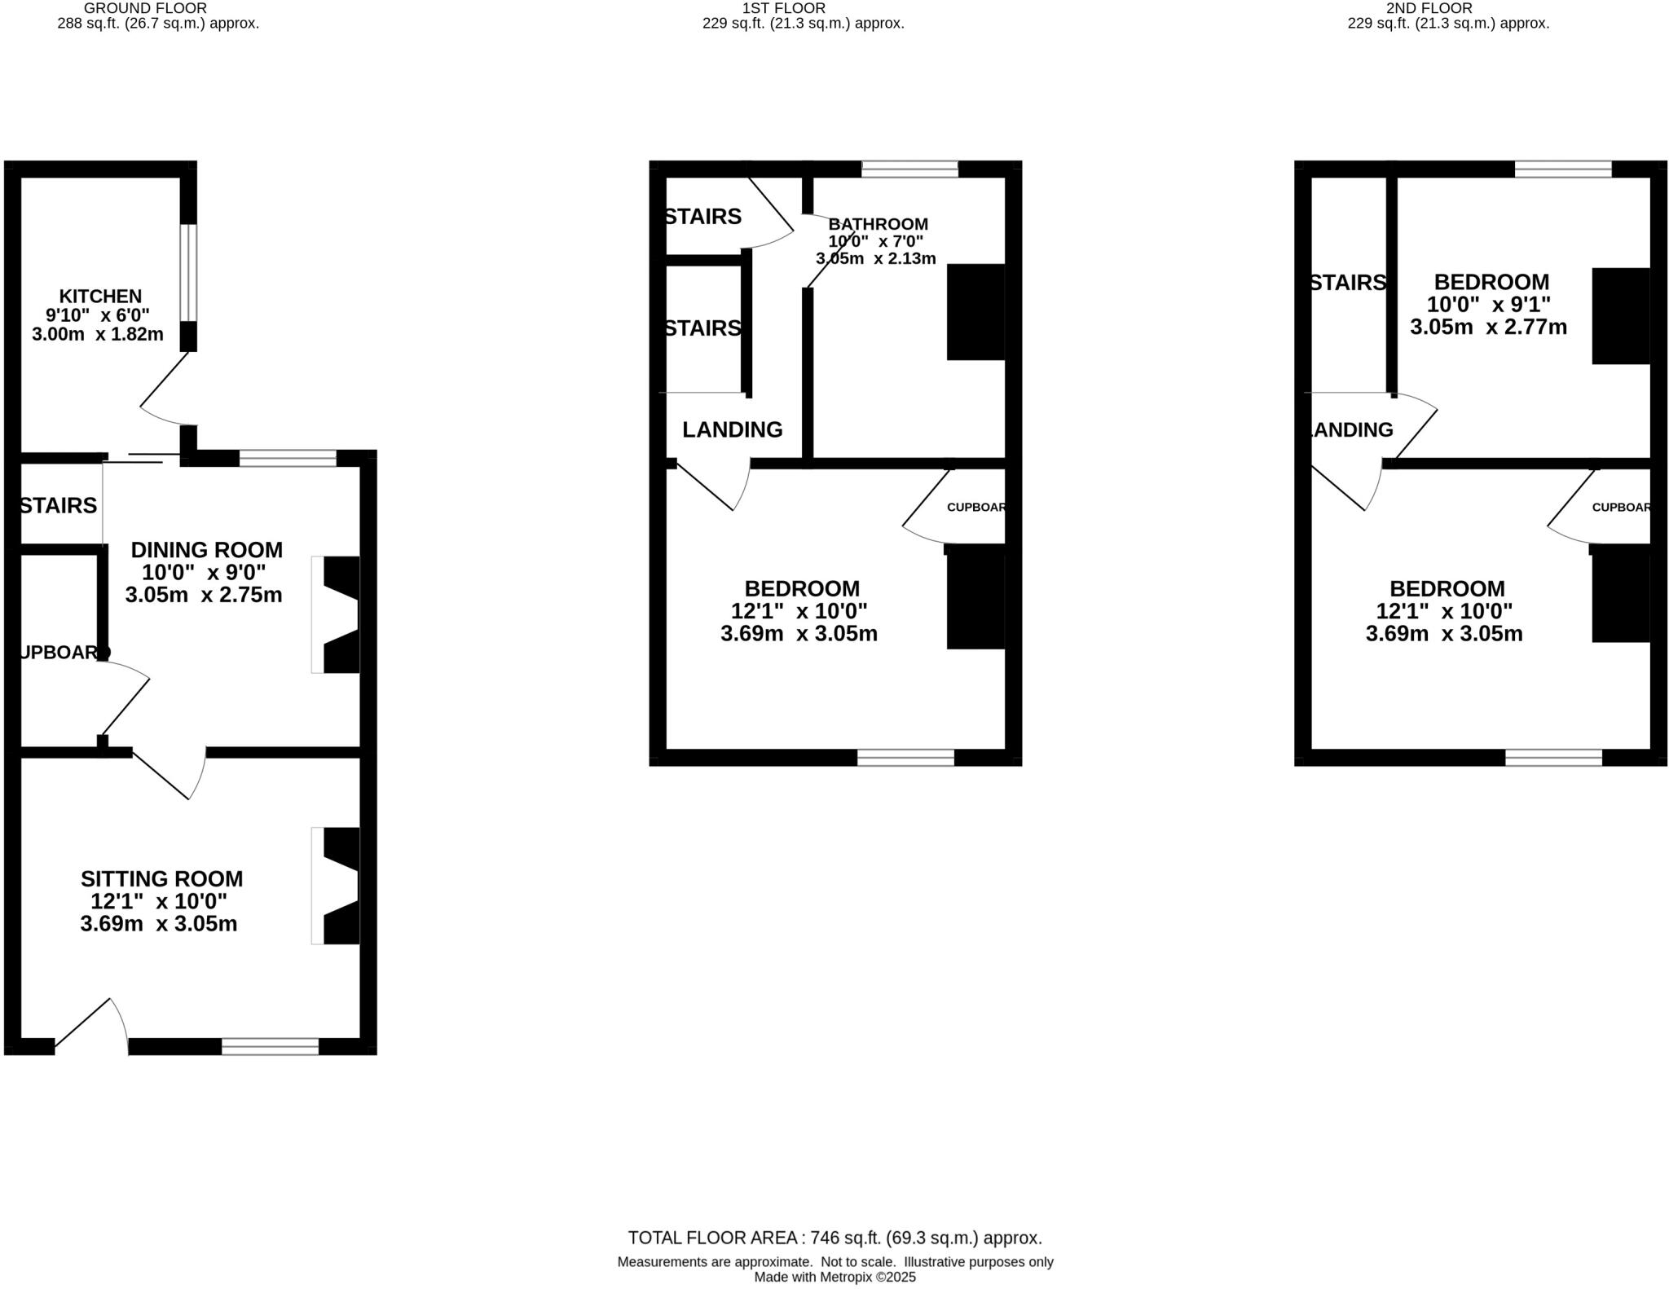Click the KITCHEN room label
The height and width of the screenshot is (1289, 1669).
click(100, 297)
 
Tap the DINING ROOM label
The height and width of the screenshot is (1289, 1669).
click(206, 550)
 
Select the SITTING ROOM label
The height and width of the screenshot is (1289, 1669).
click(161, 879)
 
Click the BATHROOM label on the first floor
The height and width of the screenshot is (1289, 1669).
click(878, 224)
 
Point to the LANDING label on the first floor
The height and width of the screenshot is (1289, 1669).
click(732, 429)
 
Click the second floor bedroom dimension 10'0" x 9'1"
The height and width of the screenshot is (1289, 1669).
click(1488, 305)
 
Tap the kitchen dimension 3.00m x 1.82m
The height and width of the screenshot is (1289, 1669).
click(98, 334)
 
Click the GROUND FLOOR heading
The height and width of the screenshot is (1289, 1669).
click(145, 8)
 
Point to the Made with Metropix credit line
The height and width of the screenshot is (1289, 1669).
click(834, 1277)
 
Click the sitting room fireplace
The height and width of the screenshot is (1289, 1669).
click(340, 886)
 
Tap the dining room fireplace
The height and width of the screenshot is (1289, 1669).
click(340, 615)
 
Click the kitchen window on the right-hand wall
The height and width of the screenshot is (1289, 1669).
click(188, 272)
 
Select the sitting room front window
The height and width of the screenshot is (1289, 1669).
click(270, 1046)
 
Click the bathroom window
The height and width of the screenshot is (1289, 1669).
click(909, 169)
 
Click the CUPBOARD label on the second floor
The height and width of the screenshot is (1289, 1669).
click(1620, 507)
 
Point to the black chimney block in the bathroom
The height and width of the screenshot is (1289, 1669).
click(975, 312)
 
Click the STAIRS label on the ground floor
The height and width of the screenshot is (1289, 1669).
click(58, 506)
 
